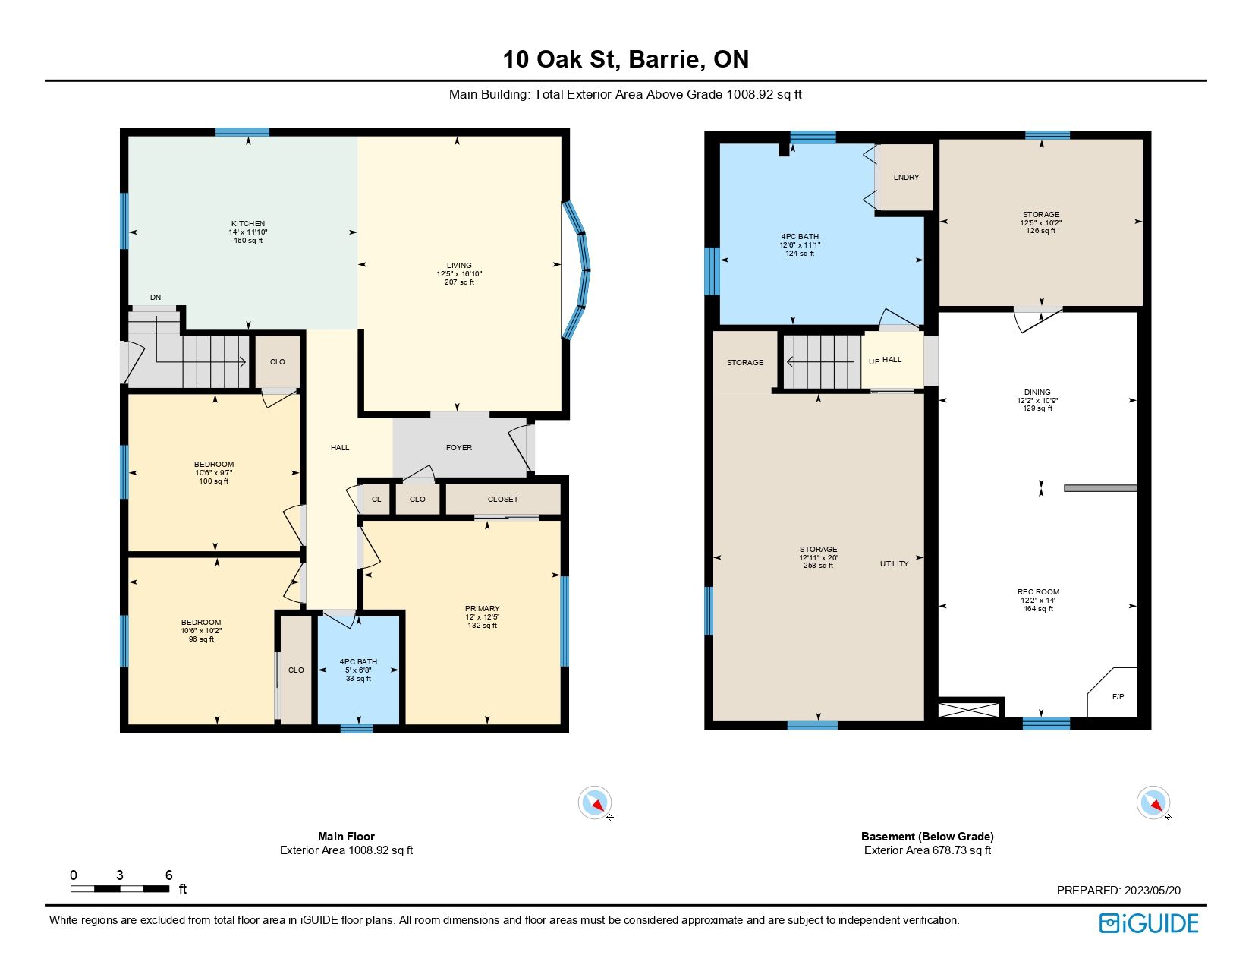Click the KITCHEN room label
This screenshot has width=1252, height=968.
[248, 224]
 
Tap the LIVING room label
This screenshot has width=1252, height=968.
[459, 266]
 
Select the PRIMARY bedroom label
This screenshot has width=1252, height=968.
[483, 609]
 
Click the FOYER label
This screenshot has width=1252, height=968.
[458, 447]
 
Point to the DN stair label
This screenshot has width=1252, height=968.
[156, 298]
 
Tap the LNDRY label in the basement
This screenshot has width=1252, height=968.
[906, 178]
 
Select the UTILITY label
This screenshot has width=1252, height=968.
[894, 564]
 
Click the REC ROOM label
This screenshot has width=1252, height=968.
[1038, 592]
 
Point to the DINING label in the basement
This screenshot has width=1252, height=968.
[1037, 392]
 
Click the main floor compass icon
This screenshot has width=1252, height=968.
[595, 802]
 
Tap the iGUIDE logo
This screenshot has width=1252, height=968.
[1149, 924]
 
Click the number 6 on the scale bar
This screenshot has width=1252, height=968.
[168, 875]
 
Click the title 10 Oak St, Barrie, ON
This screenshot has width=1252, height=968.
[626, 59]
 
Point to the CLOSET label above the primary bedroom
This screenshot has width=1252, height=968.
[503, 500]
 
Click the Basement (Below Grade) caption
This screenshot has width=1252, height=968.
[928, 837]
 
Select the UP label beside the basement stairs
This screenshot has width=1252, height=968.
[874, 362]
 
